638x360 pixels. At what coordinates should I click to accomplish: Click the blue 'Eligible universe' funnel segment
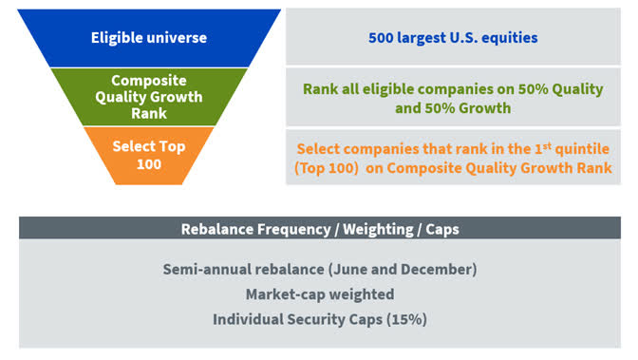coord(148,38)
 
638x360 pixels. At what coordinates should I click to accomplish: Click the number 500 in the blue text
coord(382,39)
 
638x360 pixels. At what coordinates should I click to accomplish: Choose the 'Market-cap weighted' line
coord(319,294)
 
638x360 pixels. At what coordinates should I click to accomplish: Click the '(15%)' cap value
coord(403,319)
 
